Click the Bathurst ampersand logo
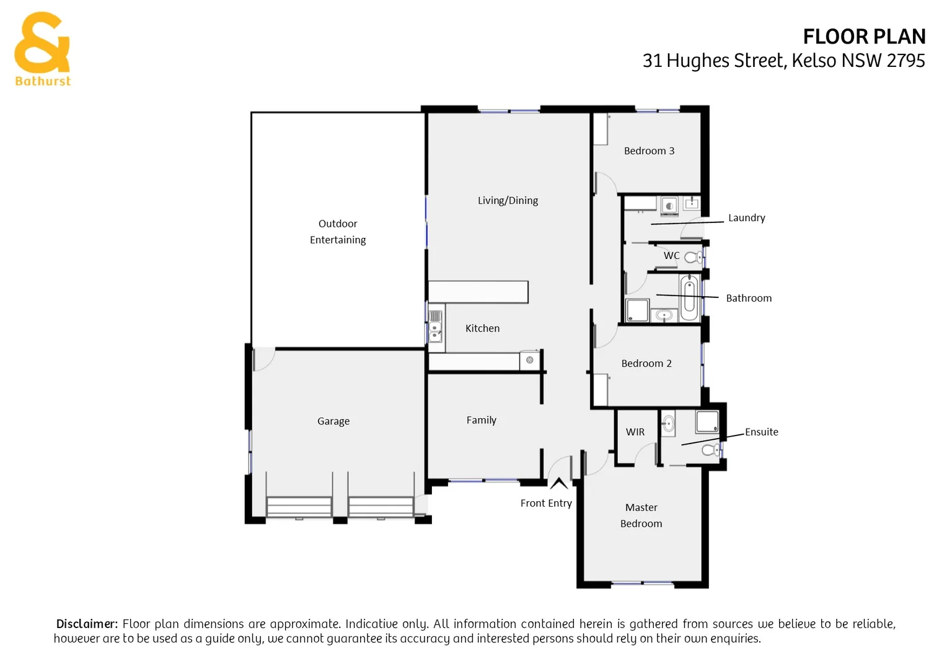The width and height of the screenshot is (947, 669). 42,43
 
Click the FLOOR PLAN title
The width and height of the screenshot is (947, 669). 864,37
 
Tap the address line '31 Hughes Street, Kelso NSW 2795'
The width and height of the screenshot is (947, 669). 783,61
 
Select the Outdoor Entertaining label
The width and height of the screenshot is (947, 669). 338,232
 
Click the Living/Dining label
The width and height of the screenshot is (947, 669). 508,201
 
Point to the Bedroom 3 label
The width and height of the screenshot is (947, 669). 649,151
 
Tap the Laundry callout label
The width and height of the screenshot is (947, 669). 746,218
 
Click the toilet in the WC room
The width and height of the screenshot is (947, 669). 694,256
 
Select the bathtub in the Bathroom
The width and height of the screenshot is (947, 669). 689,297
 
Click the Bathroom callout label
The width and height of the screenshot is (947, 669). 749,299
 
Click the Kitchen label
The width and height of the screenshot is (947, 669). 482,329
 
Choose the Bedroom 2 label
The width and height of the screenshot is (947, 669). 646,364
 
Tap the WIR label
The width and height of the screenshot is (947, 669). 635,432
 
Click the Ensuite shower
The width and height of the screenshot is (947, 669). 707,422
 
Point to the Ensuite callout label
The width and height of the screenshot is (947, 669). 761,432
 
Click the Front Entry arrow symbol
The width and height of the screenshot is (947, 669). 559,483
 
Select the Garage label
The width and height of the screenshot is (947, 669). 333,421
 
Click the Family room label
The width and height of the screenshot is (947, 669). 482,421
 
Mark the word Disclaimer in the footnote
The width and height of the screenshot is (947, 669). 87,624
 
